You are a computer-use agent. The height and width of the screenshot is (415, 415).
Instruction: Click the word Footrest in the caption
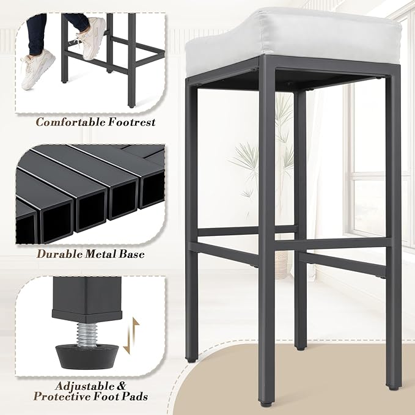(132, 122)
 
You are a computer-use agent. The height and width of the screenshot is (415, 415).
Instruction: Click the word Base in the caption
(132, 254)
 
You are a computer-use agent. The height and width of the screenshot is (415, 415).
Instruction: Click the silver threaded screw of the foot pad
(87, 335)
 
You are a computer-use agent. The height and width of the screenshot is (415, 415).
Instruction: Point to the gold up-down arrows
(131, 336)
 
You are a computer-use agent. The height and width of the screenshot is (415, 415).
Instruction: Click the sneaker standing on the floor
(37, 69)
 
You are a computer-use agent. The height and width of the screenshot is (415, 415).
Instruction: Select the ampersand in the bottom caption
(121, 386)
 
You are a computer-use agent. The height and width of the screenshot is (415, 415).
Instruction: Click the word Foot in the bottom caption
(105, 397)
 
